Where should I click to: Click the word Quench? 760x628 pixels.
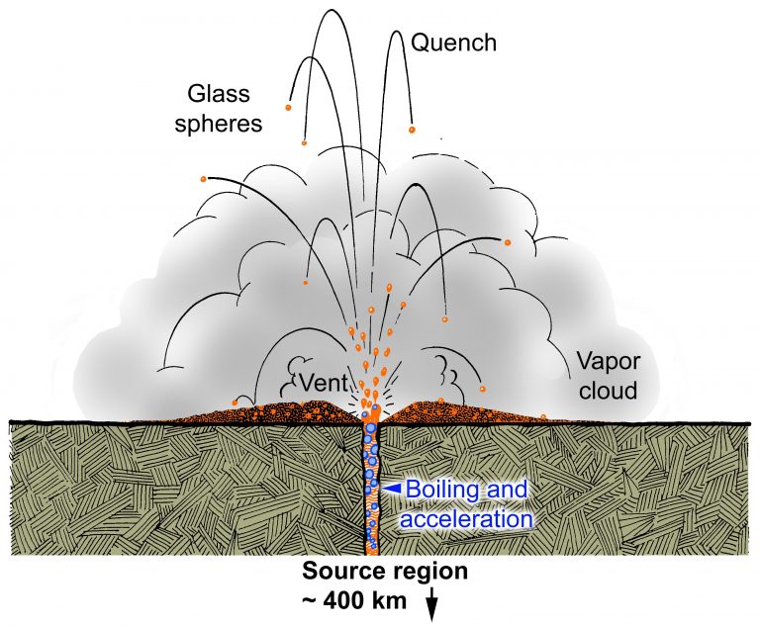453,43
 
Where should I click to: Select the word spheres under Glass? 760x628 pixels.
227,124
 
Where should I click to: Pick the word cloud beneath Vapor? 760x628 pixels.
603,391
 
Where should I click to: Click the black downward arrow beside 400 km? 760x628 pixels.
431,603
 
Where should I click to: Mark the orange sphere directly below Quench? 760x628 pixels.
414,130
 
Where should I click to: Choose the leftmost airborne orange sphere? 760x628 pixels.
203,179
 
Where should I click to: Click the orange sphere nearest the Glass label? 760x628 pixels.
288,107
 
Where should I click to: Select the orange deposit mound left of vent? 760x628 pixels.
267,411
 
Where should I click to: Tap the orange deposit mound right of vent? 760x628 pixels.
465,411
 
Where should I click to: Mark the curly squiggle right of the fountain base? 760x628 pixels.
450,375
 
